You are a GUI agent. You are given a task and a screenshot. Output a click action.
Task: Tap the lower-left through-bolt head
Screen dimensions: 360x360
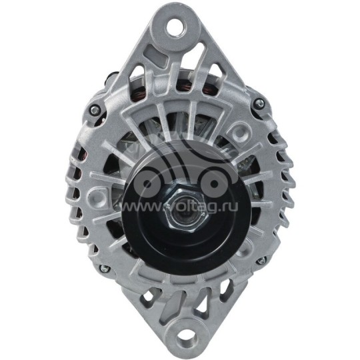pyautogui.click(x=103, y=269)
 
